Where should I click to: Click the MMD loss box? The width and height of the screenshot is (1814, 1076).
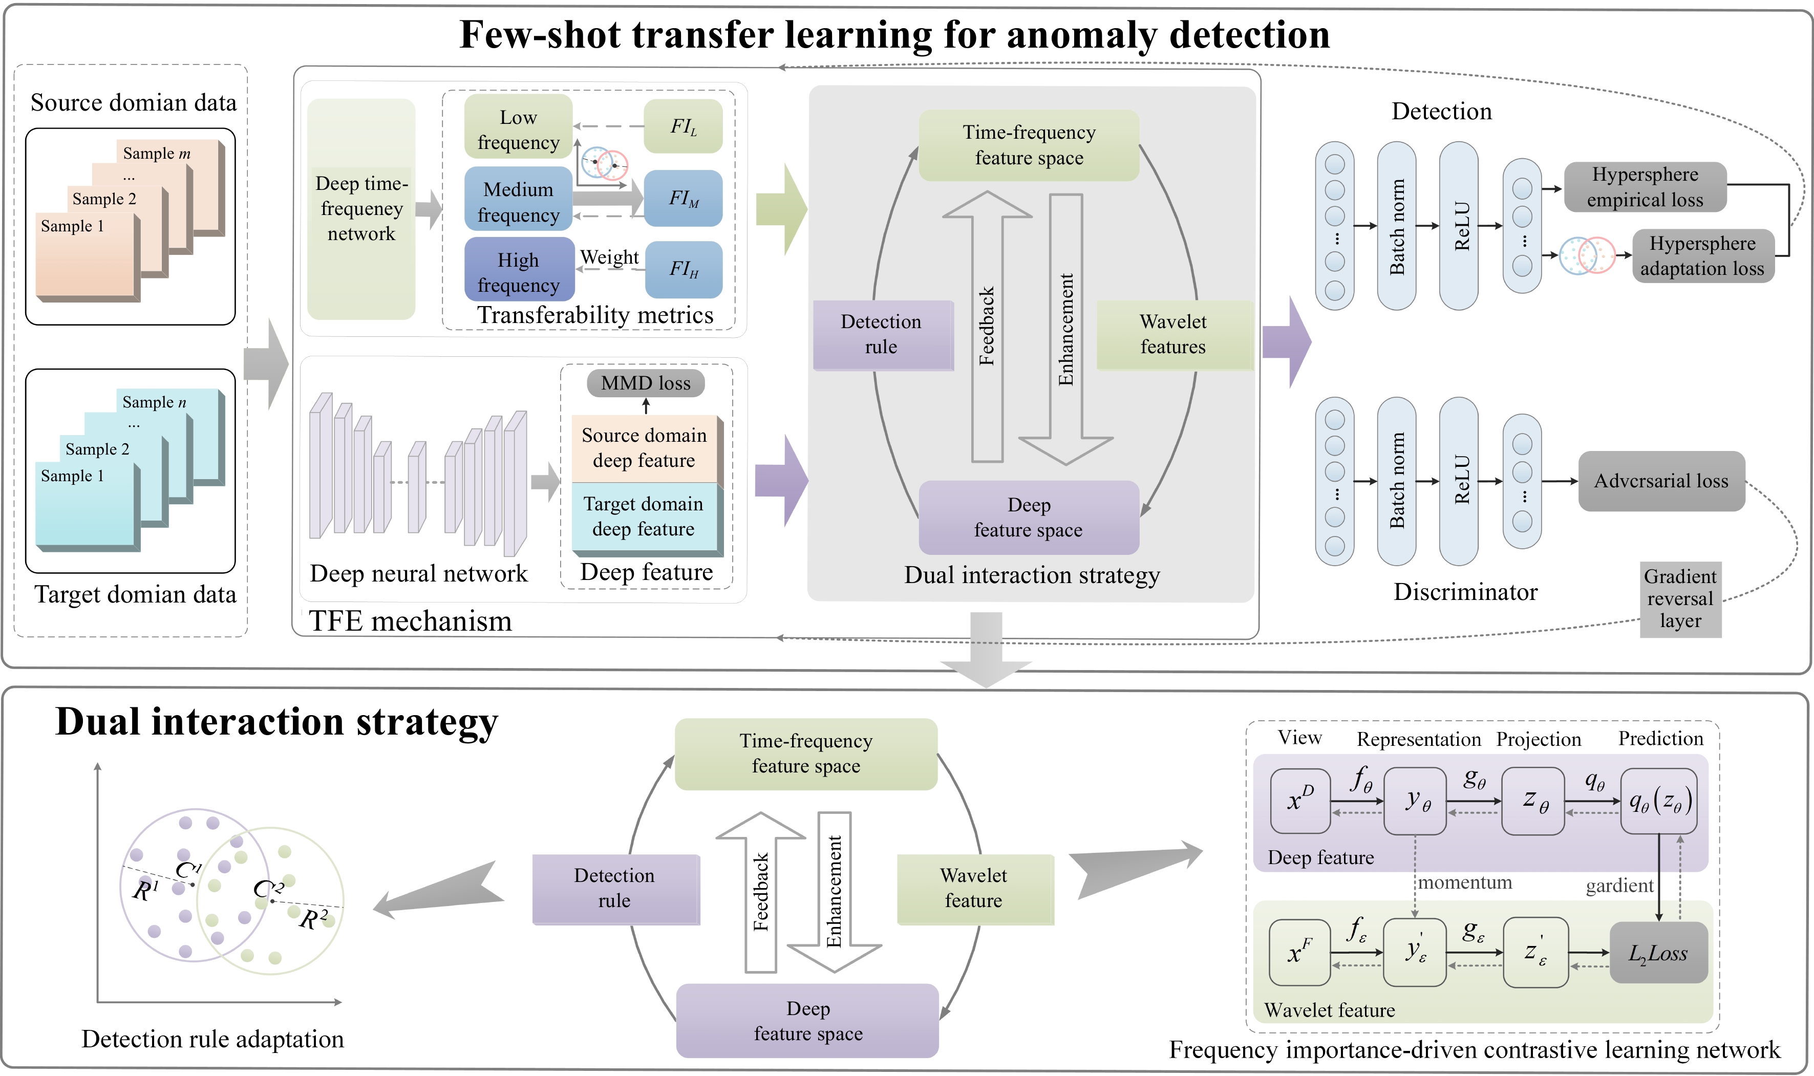[645, 383]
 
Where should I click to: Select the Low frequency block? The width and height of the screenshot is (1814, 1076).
[518, 128]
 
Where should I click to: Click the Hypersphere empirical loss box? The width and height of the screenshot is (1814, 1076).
[1645, 187]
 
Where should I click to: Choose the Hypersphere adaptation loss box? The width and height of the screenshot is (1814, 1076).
[1702, 256]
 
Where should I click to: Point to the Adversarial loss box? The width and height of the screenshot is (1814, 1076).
[1660, 481]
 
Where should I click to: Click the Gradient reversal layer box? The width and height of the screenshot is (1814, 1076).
[1679, 599]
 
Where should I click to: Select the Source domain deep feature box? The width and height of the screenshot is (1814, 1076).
[644, 447]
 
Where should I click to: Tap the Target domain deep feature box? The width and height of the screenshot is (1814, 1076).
[644, 517]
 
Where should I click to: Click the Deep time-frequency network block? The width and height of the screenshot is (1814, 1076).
[361, 209]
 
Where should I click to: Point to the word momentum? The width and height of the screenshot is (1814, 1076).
[1464, 883]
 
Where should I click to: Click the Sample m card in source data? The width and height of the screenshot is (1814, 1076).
[167, 153]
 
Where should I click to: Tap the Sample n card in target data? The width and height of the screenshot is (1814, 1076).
[167, 402]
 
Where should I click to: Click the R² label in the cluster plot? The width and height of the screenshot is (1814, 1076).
[313, 919]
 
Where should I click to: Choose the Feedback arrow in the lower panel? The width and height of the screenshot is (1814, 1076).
[760, 892]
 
